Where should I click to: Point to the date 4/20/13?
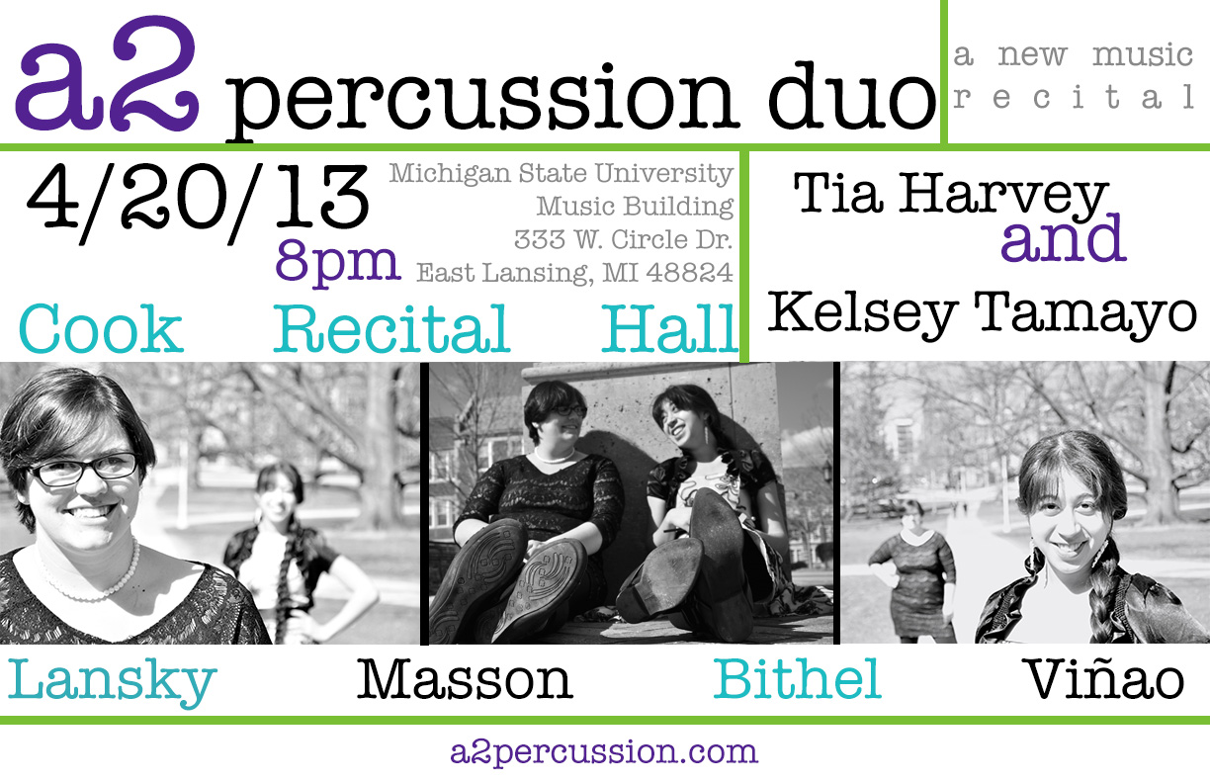tap(198, 207)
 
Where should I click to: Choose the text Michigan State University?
tap(561, 175)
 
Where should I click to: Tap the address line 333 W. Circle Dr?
tap(623, 239)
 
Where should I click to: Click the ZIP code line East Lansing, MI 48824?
tap(574, 272)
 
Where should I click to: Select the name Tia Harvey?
tap(950, 196)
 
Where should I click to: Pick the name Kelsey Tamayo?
tap(982, 314)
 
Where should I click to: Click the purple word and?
tap(1063, 239)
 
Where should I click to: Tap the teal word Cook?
tap(101, 330)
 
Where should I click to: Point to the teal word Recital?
tap(391, 330)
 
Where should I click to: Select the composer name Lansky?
tap(112, 681)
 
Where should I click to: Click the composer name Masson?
tap(465, 680)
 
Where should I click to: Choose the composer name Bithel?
tap(797, 680)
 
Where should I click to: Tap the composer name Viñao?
tap(1103, 680)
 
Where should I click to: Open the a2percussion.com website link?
tap(603, 752)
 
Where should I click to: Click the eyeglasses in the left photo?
tap(84, 470)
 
